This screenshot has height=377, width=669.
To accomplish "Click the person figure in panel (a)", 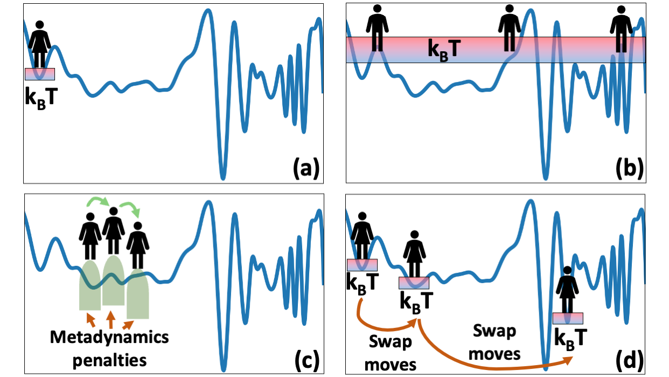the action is (x=39, y=44).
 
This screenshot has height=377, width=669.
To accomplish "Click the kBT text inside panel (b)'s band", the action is (x=444, y=49).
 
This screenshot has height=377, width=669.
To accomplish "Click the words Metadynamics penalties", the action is (x=109, y=347).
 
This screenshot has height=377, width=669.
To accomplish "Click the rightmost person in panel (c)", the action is (x=138, y=245).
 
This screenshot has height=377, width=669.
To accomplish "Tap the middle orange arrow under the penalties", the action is (x=110, y=320).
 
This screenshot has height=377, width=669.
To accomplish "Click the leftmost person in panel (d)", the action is (x=361, y=236).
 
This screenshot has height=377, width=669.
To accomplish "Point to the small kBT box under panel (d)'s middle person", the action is (x=414, y=283).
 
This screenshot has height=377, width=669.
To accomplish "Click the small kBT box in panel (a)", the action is (x=39, y=74).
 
